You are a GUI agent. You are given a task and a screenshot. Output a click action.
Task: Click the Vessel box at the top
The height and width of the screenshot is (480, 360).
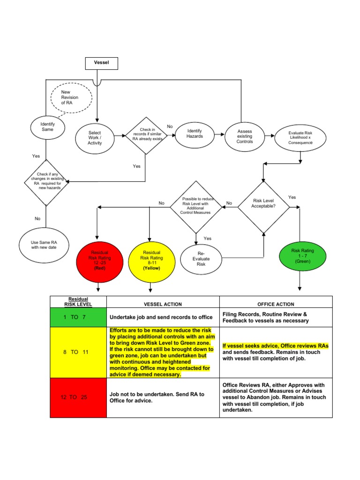tap(101, 62)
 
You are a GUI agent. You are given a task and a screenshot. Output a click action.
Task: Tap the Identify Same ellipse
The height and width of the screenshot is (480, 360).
tap(48, 127)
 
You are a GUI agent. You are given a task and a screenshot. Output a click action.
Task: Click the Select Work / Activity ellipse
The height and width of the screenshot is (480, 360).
tap(95, 138)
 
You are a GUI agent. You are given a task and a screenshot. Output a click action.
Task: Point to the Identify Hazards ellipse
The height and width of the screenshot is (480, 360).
tap(195, 133)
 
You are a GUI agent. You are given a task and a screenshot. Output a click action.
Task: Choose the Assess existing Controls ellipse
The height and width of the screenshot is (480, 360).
tap(244, 135)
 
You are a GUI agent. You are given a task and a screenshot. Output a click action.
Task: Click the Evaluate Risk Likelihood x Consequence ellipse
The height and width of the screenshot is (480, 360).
tap(300, 136)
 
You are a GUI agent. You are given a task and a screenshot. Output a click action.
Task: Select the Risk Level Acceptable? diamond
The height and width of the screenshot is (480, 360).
tap(263, 203)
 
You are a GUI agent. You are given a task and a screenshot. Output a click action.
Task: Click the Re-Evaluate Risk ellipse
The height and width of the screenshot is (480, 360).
tap(201, 258)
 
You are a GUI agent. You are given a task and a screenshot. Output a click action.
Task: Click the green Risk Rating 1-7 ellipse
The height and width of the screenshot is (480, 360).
tap(303, 256)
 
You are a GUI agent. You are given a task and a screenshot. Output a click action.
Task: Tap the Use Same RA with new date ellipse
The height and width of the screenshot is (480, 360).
tap(44, 245)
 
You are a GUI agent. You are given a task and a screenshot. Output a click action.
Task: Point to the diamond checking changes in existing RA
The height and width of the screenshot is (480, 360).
tap(46, 181)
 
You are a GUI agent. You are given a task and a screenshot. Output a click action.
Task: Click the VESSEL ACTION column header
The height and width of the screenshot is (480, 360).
tap(163, 304)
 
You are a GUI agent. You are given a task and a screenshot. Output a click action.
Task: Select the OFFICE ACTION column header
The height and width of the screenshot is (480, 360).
tap(276, 304)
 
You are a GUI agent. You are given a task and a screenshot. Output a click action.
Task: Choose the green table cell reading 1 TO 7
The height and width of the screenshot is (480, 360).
tap(78, 317)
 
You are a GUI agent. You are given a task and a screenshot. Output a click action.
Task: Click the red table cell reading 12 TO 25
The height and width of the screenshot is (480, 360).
tap(78, 397)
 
